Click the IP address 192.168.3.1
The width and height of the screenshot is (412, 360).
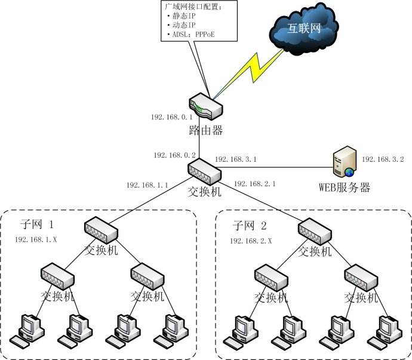click(x=235, y=159)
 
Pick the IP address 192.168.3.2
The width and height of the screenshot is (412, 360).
click(x=383, y=159)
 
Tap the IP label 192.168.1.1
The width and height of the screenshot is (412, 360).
click(x=147, y=185)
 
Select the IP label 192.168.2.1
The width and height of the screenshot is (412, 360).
click(x=255, y=184)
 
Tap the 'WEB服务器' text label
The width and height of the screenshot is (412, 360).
click(x=344, y=188)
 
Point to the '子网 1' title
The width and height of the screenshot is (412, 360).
click(x=37, y=225)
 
